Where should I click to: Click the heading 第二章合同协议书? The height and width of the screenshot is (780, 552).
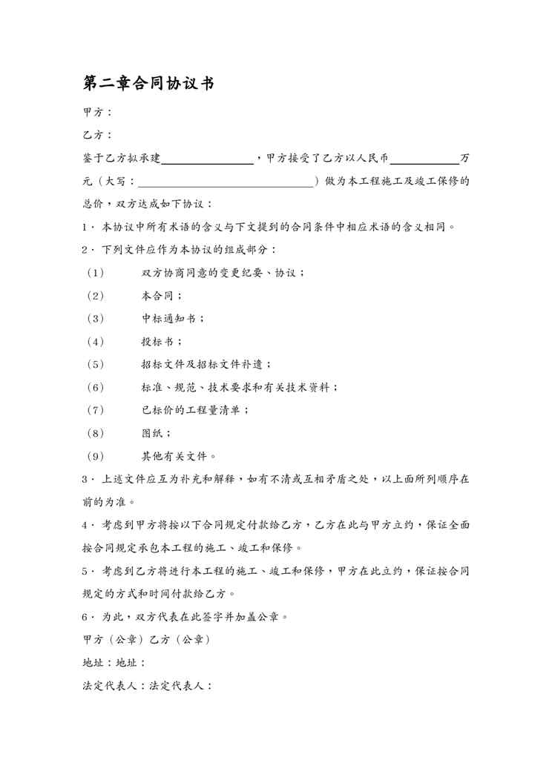click(148, 84)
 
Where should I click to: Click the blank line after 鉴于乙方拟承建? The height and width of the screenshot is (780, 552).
click(207, 158)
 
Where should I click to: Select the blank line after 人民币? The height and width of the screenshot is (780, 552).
click(424, 158)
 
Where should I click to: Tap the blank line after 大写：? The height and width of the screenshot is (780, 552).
click(226, 181)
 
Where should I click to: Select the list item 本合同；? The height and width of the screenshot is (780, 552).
click(162, 295)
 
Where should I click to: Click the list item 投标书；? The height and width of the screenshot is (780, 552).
click(162, 341)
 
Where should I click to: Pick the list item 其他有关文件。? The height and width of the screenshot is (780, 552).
click(179, 456)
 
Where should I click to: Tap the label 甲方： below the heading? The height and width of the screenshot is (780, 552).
click(98, 113)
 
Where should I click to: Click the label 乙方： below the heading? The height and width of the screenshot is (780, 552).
click(98, 136)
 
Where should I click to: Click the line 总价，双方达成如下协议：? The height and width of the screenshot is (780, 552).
click(148, 204)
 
